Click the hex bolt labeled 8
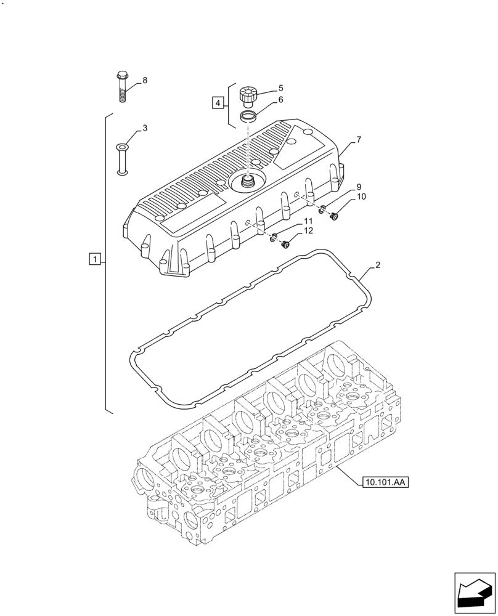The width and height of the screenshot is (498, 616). click(x=121, y=87)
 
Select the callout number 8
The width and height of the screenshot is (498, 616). click(x=145, y=80)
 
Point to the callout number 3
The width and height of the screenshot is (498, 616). click(x=145, y=128)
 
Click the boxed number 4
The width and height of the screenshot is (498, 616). click(x=218, y=102)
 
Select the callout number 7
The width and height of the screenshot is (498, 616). click(x=359, y=140)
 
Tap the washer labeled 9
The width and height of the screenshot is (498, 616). click(x=322, y=210)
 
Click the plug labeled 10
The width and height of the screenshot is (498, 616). click(x=336, y=216)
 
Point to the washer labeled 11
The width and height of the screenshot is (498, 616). click(x=273, y=238)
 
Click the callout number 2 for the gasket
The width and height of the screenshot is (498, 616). click(x=377, y=265)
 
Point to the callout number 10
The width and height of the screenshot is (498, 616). click(x=361, y=197)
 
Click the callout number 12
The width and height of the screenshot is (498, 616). click(x=308, y=230)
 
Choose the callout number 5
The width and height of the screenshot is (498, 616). click(x=280, y=88)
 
